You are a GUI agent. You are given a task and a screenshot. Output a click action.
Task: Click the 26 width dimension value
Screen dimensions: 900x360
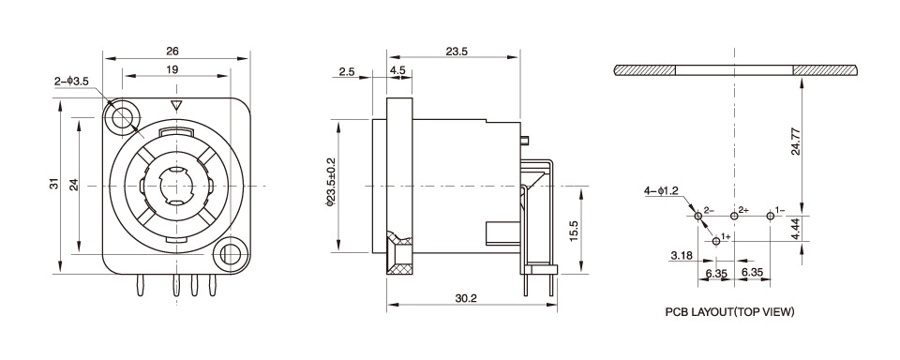(172, 52)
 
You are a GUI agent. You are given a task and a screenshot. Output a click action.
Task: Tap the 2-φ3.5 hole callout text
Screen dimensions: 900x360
(72, 82)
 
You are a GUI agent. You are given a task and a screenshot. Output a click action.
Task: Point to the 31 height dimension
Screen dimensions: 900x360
(54, 185)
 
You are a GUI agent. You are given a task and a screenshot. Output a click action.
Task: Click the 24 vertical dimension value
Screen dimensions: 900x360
(73, 185)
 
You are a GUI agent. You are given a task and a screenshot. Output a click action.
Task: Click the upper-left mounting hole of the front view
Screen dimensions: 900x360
(122, 119)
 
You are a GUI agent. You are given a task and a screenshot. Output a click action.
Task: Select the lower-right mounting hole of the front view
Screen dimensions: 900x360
(232, 252)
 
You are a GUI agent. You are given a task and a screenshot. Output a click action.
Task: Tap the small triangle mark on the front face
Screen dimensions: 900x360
(177, 106)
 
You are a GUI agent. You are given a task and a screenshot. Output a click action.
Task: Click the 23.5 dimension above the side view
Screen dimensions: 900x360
(457, 52)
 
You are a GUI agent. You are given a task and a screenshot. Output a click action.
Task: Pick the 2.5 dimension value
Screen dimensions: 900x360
(347, 72)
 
